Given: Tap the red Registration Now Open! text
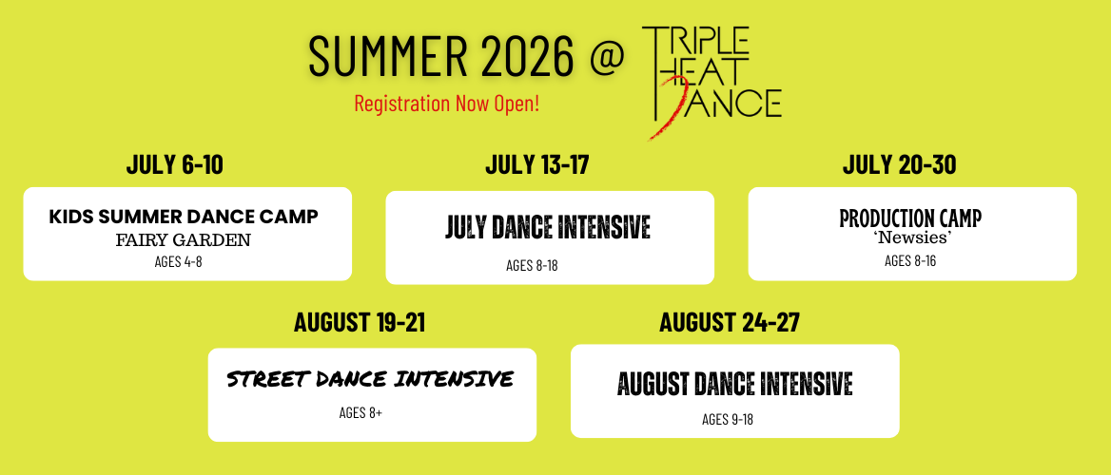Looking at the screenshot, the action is tap(447, 104).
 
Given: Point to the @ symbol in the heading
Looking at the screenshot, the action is tap(608, 57).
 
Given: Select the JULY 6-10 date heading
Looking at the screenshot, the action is tap(174, 165).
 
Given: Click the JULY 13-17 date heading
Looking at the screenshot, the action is tap(537, 165).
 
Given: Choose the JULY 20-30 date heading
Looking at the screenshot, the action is tap(899, 165).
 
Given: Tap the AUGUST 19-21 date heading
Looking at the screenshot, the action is tap(360, 322).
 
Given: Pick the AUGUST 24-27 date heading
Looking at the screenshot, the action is tap(729, 322).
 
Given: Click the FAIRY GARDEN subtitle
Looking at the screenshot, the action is tap(184, 240).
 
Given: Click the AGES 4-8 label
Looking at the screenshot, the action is tap(179, 261).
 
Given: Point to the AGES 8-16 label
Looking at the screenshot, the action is tap(910, 260).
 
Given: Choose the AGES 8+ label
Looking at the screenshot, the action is tap(361, 412).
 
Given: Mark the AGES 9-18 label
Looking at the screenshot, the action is tap(728, 419).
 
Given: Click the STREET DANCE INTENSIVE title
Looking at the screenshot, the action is tap(370, 379).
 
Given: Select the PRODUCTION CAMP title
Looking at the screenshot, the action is tap(910, 218).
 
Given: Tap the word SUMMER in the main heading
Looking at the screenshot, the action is tap(387, 57).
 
